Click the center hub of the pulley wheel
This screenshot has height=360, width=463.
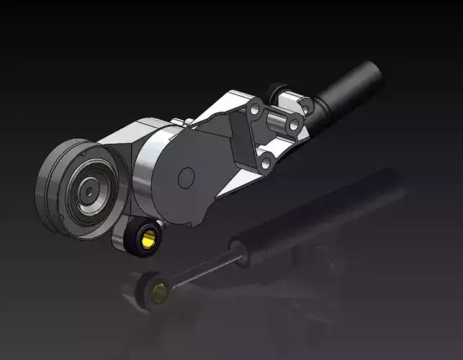(86, 190)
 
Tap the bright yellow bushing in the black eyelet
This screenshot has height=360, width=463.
(150, 238)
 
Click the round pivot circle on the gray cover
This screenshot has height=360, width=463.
(186, 175)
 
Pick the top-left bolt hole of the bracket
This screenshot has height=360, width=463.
(254, 109)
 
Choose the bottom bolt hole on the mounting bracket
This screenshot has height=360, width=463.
(266, 163)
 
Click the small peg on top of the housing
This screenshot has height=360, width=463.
(186, 122)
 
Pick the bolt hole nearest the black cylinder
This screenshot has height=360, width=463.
(305, 107)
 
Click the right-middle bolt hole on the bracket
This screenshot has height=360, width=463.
(293, 126)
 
